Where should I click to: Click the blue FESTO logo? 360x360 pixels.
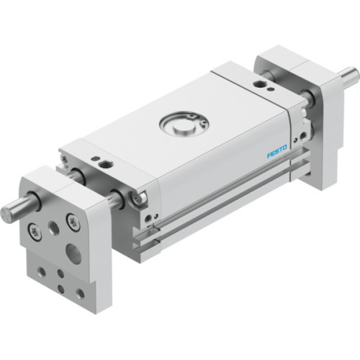(x=276, y=152)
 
